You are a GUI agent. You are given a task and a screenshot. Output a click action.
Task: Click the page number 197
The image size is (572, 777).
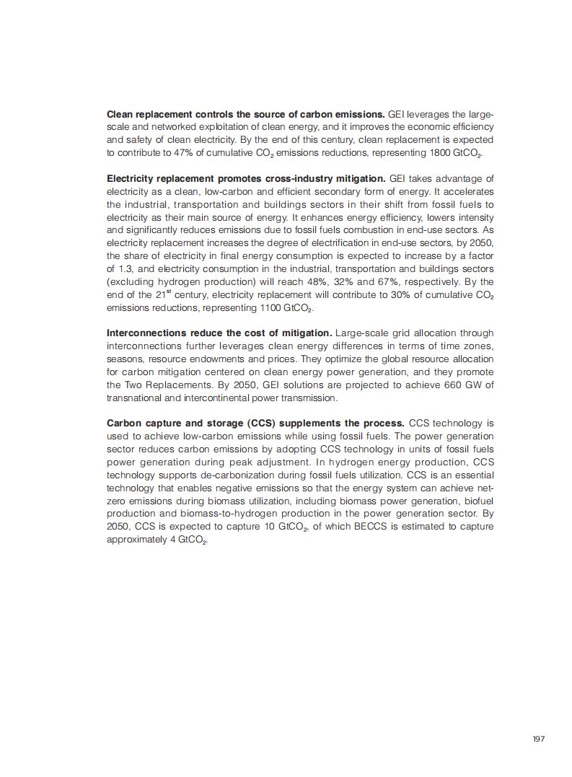(x=538, y=739)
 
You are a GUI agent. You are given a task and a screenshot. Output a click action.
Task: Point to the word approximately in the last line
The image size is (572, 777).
(x=136, y=540)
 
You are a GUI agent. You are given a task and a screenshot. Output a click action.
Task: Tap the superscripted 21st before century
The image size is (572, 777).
(x=168, y=294)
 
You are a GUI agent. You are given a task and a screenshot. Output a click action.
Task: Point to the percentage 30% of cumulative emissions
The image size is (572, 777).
(x=387, y=295)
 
